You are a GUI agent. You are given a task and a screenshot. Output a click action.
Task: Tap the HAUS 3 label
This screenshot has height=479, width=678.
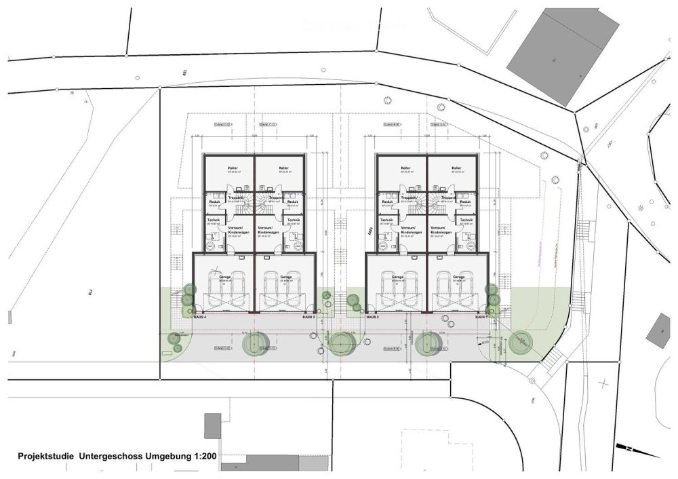coord(309,317)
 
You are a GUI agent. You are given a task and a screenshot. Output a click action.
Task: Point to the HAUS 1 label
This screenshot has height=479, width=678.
coord(481,317)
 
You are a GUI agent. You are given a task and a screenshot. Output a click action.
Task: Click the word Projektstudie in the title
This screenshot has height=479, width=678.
coord(46,457)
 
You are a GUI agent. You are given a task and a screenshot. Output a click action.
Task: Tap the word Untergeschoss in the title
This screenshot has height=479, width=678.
coord(110,457)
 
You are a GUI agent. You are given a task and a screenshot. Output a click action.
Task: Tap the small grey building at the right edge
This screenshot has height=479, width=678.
coord(658,330)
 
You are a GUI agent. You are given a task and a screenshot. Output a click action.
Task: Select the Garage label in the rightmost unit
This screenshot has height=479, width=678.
coord(459,277)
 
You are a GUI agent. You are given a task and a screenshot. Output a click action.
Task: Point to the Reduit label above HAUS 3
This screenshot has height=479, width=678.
coord(293,202)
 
